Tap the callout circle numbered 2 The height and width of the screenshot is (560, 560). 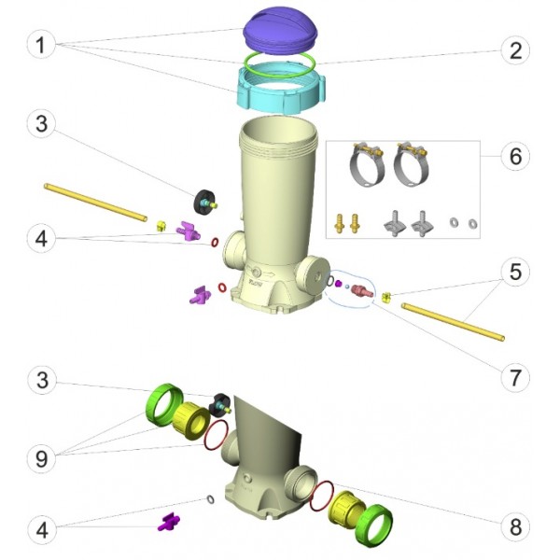(515, 50)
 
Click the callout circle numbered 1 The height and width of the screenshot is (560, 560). (41, 45)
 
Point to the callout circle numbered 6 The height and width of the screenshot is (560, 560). (515, 157)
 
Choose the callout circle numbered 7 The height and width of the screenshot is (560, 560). (515, 377)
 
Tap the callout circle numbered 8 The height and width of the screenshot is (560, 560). (515, 526)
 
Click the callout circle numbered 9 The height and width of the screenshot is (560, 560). (42, 458)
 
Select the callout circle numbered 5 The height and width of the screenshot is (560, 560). (515, 272)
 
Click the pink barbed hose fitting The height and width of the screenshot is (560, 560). (362, 290)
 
